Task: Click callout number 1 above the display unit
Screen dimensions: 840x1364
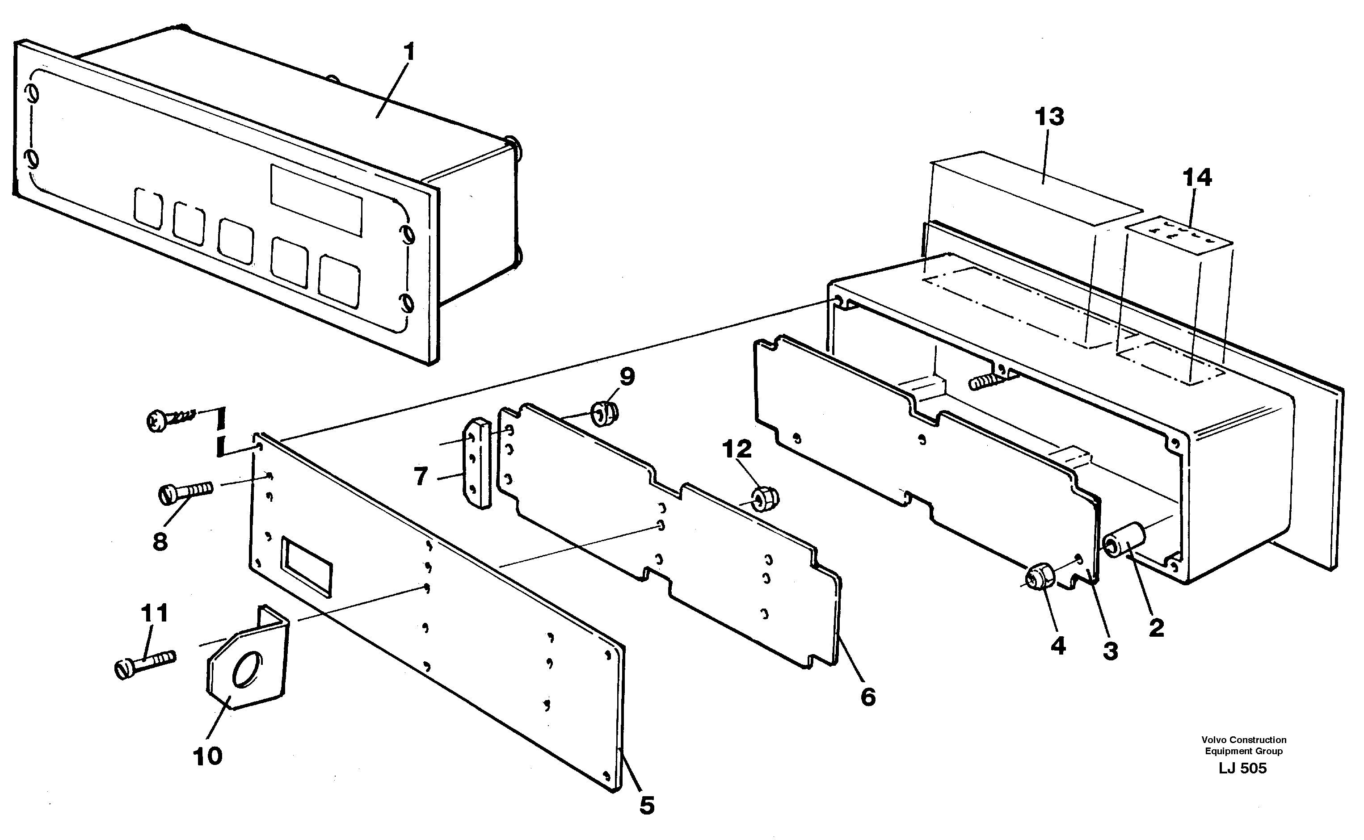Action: [409, 53]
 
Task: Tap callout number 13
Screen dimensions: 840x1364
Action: [1049, 117]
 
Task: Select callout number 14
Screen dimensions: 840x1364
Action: [1197, 178]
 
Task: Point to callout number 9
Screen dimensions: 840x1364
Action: [627, 377]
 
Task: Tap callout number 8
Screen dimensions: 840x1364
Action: [160, 541]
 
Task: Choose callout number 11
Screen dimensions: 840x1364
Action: [154, 613]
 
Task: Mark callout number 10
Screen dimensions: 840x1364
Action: [207, 756]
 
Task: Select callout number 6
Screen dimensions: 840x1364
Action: [868, 697]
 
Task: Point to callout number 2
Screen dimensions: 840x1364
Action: [1156, 628]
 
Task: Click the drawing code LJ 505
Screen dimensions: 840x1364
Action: [1243, 769]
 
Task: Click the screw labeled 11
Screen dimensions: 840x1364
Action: [146, 662]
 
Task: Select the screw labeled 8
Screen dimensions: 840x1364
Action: [186, 491]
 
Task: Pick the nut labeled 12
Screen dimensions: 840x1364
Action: [765, 498]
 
